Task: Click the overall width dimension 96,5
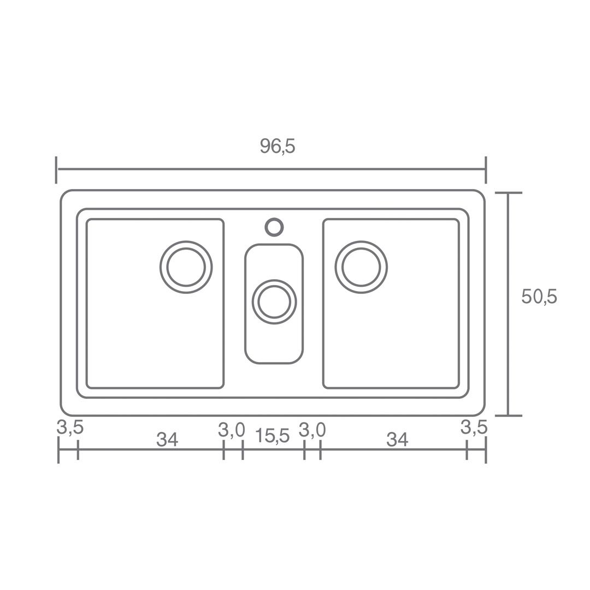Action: coord(278,146)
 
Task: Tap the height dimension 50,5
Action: coord(539,297)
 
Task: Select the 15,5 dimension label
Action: coord(273,436)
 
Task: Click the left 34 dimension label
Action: coord(167,439)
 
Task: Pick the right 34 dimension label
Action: coord(397,439)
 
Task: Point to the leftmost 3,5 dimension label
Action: coord(70,427)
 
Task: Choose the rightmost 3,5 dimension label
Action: coord(474,427)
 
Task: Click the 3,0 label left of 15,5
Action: coord(232,430)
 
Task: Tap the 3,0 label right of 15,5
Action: coord(312,430)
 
